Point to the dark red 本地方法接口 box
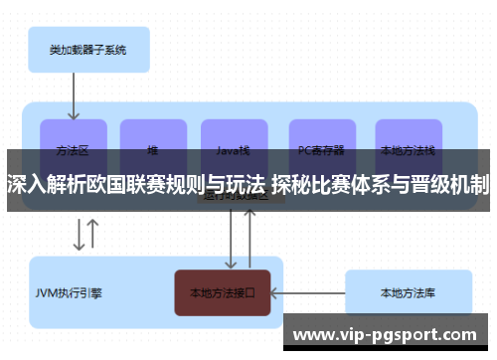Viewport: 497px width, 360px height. pyautogui.click(x=223, y=293)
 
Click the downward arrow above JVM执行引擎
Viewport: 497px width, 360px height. pyautogui.click(x=78, y=235)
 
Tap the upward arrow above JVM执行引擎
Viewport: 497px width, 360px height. pyautogui.click(x=92, y=235)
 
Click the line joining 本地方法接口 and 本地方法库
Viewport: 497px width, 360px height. pyautogui.click(x=307, y=293)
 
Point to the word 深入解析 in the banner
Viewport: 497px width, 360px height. pyautogui.click(x=40, y=183)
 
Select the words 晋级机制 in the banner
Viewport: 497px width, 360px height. pyautogui.click(x=451, y=183)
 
